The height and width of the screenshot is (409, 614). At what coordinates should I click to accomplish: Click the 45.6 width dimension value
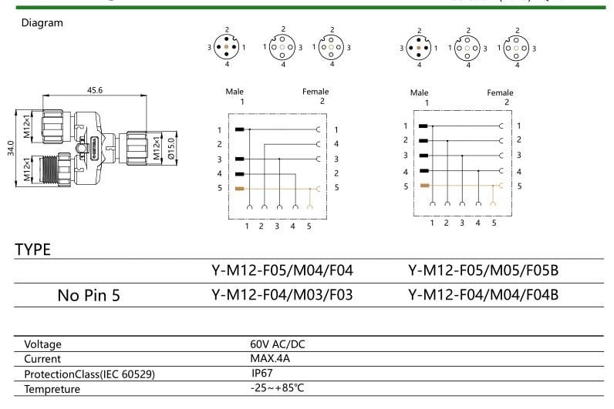pos(95,90)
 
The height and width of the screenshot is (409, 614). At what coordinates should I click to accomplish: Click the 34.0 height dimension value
pos(10,148)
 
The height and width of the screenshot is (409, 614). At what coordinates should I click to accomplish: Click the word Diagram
pos(42,23)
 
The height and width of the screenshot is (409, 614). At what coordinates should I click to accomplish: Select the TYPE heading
pos(33,250)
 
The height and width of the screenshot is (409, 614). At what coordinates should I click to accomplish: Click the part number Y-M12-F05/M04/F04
pos(282,270)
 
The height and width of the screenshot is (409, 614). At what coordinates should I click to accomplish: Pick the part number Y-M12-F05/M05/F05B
pos(482,270)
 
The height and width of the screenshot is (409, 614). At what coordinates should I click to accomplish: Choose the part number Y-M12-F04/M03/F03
pos(282,295)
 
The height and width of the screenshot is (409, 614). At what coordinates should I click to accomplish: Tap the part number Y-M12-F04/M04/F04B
pos(482,295)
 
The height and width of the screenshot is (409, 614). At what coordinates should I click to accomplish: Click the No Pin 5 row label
pos(89,295)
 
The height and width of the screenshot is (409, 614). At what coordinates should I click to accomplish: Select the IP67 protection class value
pos(261,373)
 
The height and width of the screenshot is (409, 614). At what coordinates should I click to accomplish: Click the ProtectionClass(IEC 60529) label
pos(89,374)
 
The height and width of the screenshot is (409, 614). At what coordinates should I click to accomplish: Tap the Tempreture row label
pos(52,389)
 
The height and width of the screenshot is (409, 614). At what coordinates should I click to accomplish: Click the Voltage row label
pos(42,345)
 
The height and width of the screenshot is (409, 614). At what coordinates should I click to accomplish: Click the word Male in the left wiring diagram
pos(234,92)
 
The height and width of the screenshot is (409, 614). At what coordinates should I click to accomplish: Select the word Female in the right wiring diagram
pos(500,93)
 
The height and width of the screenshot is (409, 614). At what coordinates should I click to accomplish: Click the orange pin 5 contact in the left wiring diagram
pos(240,189)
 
